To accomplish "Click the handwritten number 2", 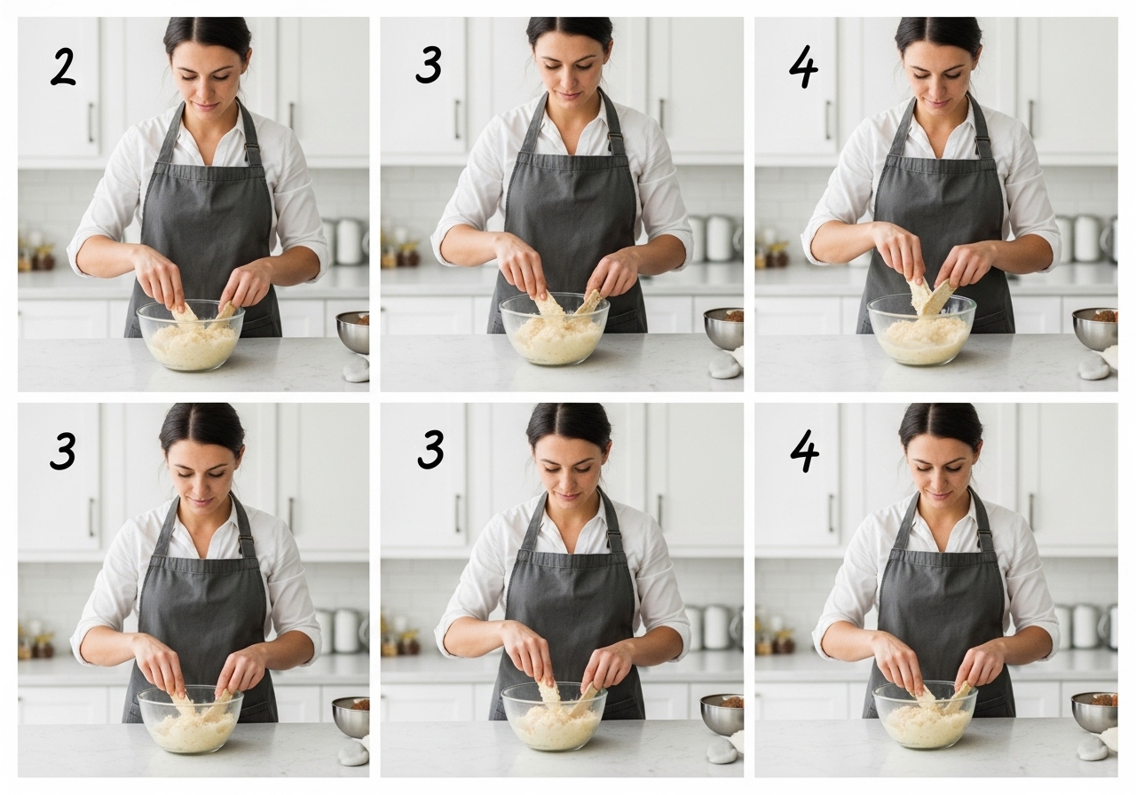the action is tap(63, 67).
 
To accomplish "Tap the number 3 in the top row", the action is tap(429, 67).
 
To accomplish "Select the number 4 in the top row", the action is tap(804, 69).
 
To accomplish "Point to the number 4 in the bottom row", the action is tap(805, 452).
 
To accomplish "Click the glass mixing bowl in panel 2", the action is tap(191, 335).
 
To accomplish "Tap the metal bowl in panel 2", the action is tap(353, 332).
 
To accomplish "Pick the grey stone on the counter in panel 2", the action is tap(356, 370).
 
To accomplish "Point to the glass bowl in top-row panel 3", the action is tap(555, 328).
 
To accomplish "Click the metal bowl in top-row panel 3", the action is tap(724, 328).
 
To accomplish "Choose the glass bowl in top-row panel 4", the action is tap(922, 329).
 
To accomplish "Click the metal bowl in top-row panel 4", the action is tap(1095, 329).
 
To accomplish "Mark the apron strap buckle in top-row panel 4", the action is tap(982, 139).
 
